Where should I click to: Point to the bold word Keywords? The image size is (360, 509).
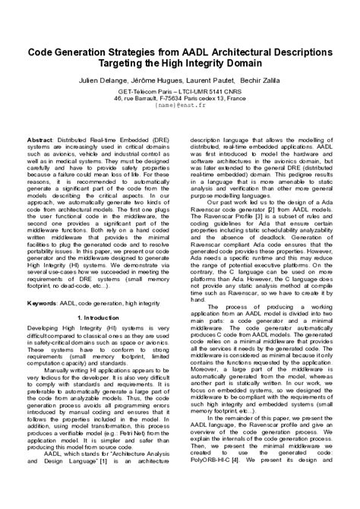[42, 304]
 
